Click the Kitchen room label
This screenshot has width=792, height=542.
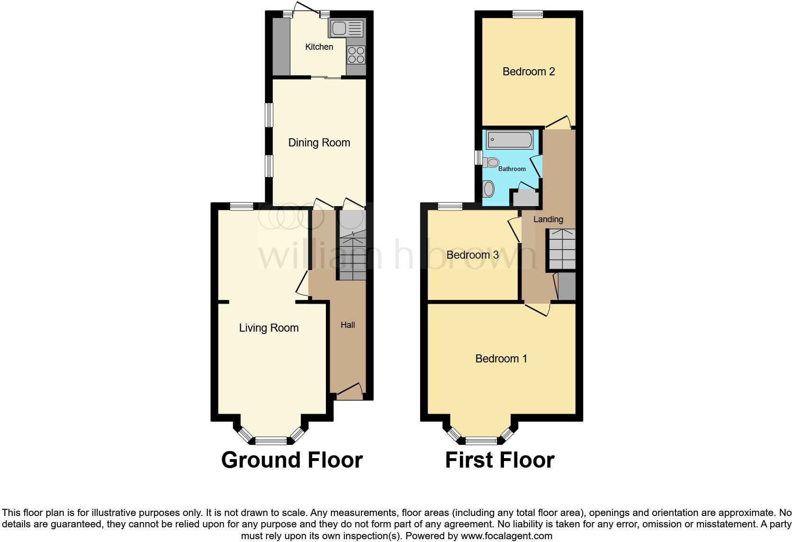[x=319, y=47]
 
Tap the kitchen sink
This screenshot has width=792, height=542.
[x=346, y=29]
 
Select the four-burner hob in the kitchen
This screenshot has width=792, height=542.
[x=356, y=55]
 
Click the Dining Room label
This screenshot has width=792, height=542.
[x=319, y=143]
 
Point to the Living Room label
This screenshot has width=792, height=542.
[x=269, y=328]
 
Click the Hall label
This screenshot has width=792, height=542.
[x=348, y=325]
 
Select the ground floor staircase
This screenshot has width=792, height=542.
[x=352, y=256]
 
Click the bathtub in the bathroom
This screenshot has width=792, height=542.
[x=510, y=140]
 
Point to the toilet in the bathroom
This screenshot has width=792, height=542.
[x=491, y=163]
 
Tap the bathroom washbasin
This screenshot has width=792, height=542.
[x=488, y=189]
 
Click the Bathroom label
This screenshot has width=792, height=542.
[x=512, y=169]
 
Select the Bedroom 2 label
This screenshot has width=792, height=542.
[x=529, y=72]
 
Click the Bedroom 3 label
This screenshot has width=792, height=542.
[x=472, y=255]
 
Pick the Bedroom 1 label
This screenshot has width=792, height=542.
[x=501, y=359]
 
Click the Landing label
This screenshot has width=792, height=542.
[x=548, y=219]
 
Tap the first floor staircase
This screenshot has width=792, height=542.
[x=562, y=249]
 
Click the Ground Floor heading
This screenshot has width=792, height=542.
[x=292, y=460]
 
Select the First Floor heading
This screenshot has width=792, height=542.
[x=500, y=460]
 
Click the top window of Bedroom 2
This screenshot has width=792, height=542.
[x=528, y=15]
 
